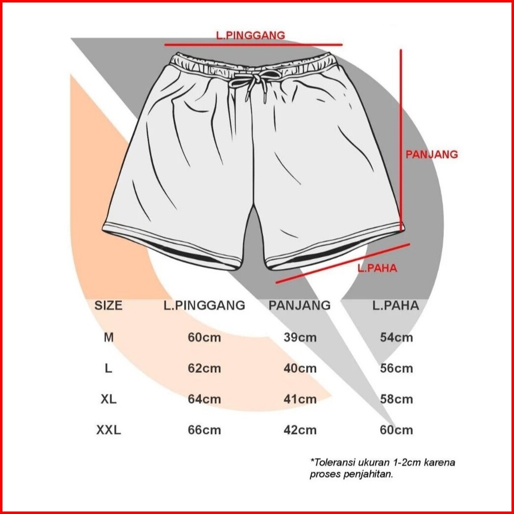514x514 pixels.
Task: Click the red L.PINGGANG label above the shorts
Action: [250, 35]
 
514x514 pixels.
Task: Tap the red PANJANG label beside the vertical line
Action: [431, 154]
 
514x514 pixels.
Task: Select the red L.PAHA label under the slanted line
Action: [377, 268]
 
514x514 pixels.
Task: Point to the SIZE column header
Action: [108, 305]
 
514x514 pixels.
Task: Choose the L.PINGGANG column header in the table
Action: [204, 305]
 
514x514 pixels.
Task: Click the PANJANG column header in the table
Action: [299, 305]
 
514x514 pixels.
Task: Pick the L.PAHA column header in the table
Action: [396, 305]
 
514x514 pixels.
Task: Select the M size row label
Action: [108, 338]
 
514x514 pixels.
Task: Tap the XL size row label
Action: [108, 399]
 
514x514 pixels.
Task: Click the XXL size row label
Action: [108, 430]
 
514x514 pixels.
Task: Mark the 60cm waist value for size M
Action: [204, 338]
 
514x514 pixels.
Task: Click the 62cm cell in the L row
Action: [204, 368]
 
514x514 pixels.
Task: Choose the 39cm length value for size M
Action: [300, 338]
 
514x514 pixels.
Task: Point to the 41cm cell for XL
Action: [300, 399]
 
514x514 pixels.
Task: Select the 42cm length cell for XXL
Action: [300, 430]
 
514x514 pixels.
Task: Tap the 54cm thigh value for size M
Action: [396, 338]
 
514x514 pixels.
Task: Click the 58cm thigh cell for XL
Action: [396, 399]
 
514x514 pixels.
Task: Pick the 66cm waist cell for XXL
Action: [204, 430]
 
